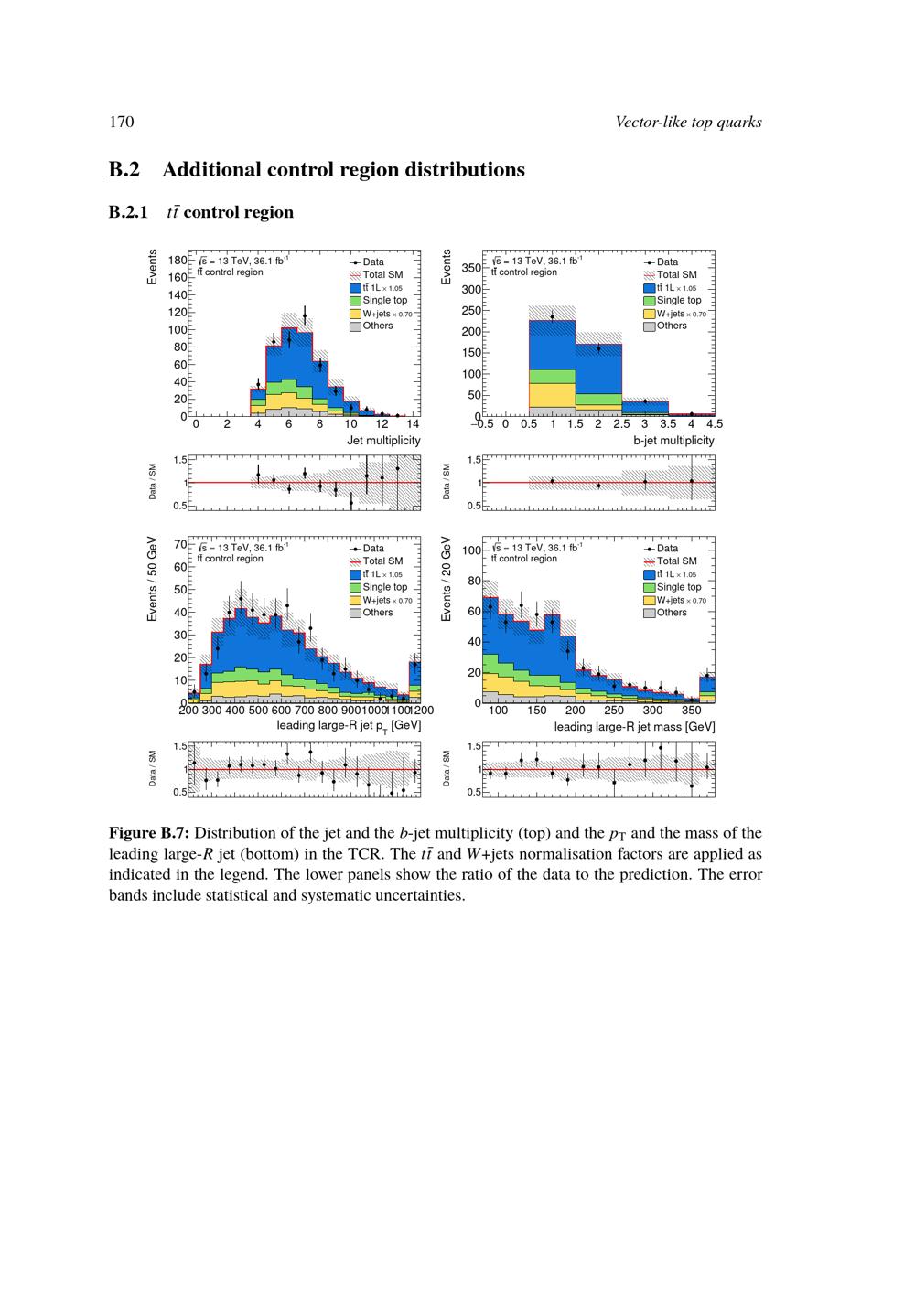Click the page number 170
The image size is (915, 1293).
point(122,123)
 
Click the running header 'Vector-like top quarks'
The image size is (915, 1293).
point(688,123)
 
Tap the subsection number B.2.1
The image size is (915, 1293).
point(128,212)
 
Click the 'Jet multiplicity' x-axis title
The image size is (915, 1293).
point(383,440)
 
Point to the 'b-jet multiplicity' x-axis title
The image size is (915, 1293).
point(673,440)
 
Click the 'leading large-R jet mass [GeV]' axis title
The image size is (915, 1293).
point(634,726)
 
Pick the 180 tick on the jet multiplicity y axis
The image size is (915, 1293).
point(178,261)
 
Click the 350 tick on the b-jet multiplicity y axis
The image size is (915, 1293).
point(470,268)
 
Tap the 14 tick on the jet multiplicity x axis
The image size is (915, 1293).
point(413,424)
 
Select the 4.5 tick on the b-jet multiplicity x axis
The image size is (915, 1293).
point(714,424)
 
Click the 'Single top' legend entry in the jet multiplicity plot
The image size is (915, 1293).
point(384,300)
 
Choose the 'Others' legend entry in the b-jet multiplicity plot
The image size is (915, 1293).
point(671,326)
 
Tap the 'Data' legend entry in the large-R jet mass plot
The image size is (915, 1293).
point(667,548)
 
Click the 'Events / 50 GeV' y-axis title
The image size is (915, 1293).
point(153,580)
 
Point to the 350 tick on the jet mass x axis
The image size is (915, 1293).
point(691,711)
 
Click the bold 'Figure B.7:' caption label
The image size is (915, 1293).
point(149,833)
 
